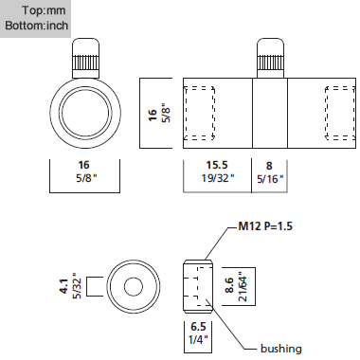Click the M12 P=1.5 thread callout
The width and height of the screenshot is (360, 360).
click(x=265, y=226)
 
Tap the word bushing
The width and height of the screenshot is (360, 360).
click(x=281, y=349)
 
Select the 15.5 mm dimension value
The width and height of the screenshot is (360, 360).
click(x=217, y=165)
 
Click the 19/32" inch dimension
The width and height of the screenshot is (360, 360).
click(x=218, y=178)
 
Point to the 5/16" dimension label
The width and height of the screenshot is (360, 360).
click(x=270, y=179)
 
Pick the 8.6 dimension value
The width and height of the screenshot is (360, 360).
click(x=229, y=285)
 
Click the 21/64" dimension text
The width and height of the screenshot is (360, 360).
click(x=242, y=286)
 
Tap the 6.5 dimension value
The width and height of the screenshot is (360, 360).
click(x=198, y=327)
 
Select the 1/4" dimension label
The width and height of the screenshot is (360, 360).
click(x=198, y=339)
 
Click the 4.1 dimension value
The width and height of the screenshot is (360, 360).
click(x=64, y=286)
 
